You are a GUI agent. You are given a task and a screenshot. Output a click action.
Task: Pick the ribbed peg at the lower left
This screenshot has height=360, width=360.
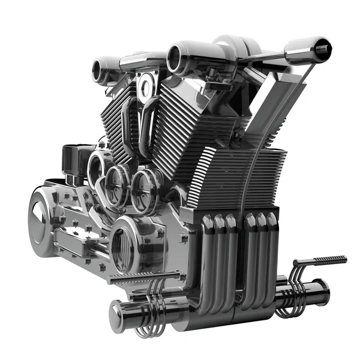point(144,278)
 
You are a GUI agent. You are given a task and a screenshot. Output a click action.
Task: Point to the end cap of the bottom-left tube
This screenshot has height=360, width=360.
point(117,314)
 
